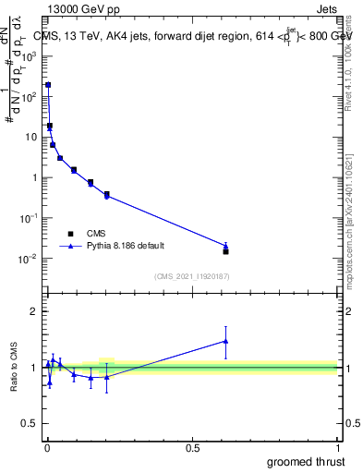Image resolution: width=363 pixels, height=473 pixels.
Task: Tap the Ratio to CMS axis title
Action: pyautogui.click(x=14, y=369)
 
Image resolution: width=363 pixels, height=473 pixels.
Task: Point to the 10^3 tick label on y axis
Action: pyautogui.click(x=28, y=55)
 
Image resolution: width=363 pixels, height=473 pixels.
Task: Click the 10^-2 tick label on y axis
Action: pyautogui.click(x=28, y=259)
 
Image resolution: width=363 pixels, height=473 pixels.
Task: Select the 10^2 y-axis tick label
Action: pyautogui.click(x=28, y=96)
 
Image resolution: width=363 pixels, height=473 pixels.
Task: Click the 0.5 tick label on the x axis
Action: pyautogui.click(x=192, y=448)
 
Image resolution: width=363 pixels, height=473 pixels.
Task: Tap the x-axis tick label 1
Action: pyautogui.click(x=337, y=448)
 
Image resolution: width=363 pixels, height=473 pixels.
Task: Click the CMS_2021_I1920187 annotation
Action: pyautogui.click(x=191, y=276)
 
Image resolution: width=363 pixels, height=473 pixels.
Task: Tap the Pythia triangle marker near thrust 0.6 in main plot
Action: pyautogui.click(x=225, y=246)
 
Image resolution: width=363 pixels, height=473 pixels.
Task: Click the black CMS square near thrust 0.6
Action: pyautogui.click(x=225, y=251)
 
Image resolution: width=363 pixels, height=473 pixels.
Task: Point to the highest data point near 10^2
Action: pyautogui.click(x=48, y=85)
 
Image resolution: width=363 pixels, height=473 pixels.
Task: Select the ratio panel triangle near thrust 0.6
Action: pyautogui.click(x=225, y=341)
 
